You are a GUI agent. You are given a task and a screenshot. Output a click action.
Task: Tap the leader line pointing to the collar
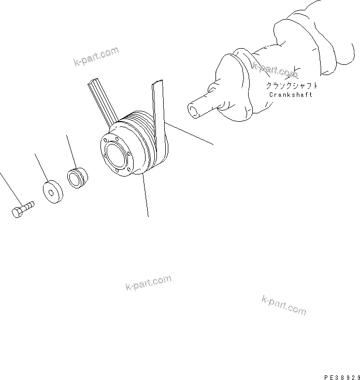[71, 151]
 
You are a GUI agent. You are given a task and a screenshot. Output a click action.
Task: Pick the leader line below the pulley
[146, 197]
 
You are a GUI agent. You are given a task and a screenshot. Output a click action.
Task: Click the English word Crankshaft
[291, 95]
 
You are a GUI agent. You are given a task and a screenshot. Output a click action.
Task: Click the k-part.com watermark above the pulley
[96, 57]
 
